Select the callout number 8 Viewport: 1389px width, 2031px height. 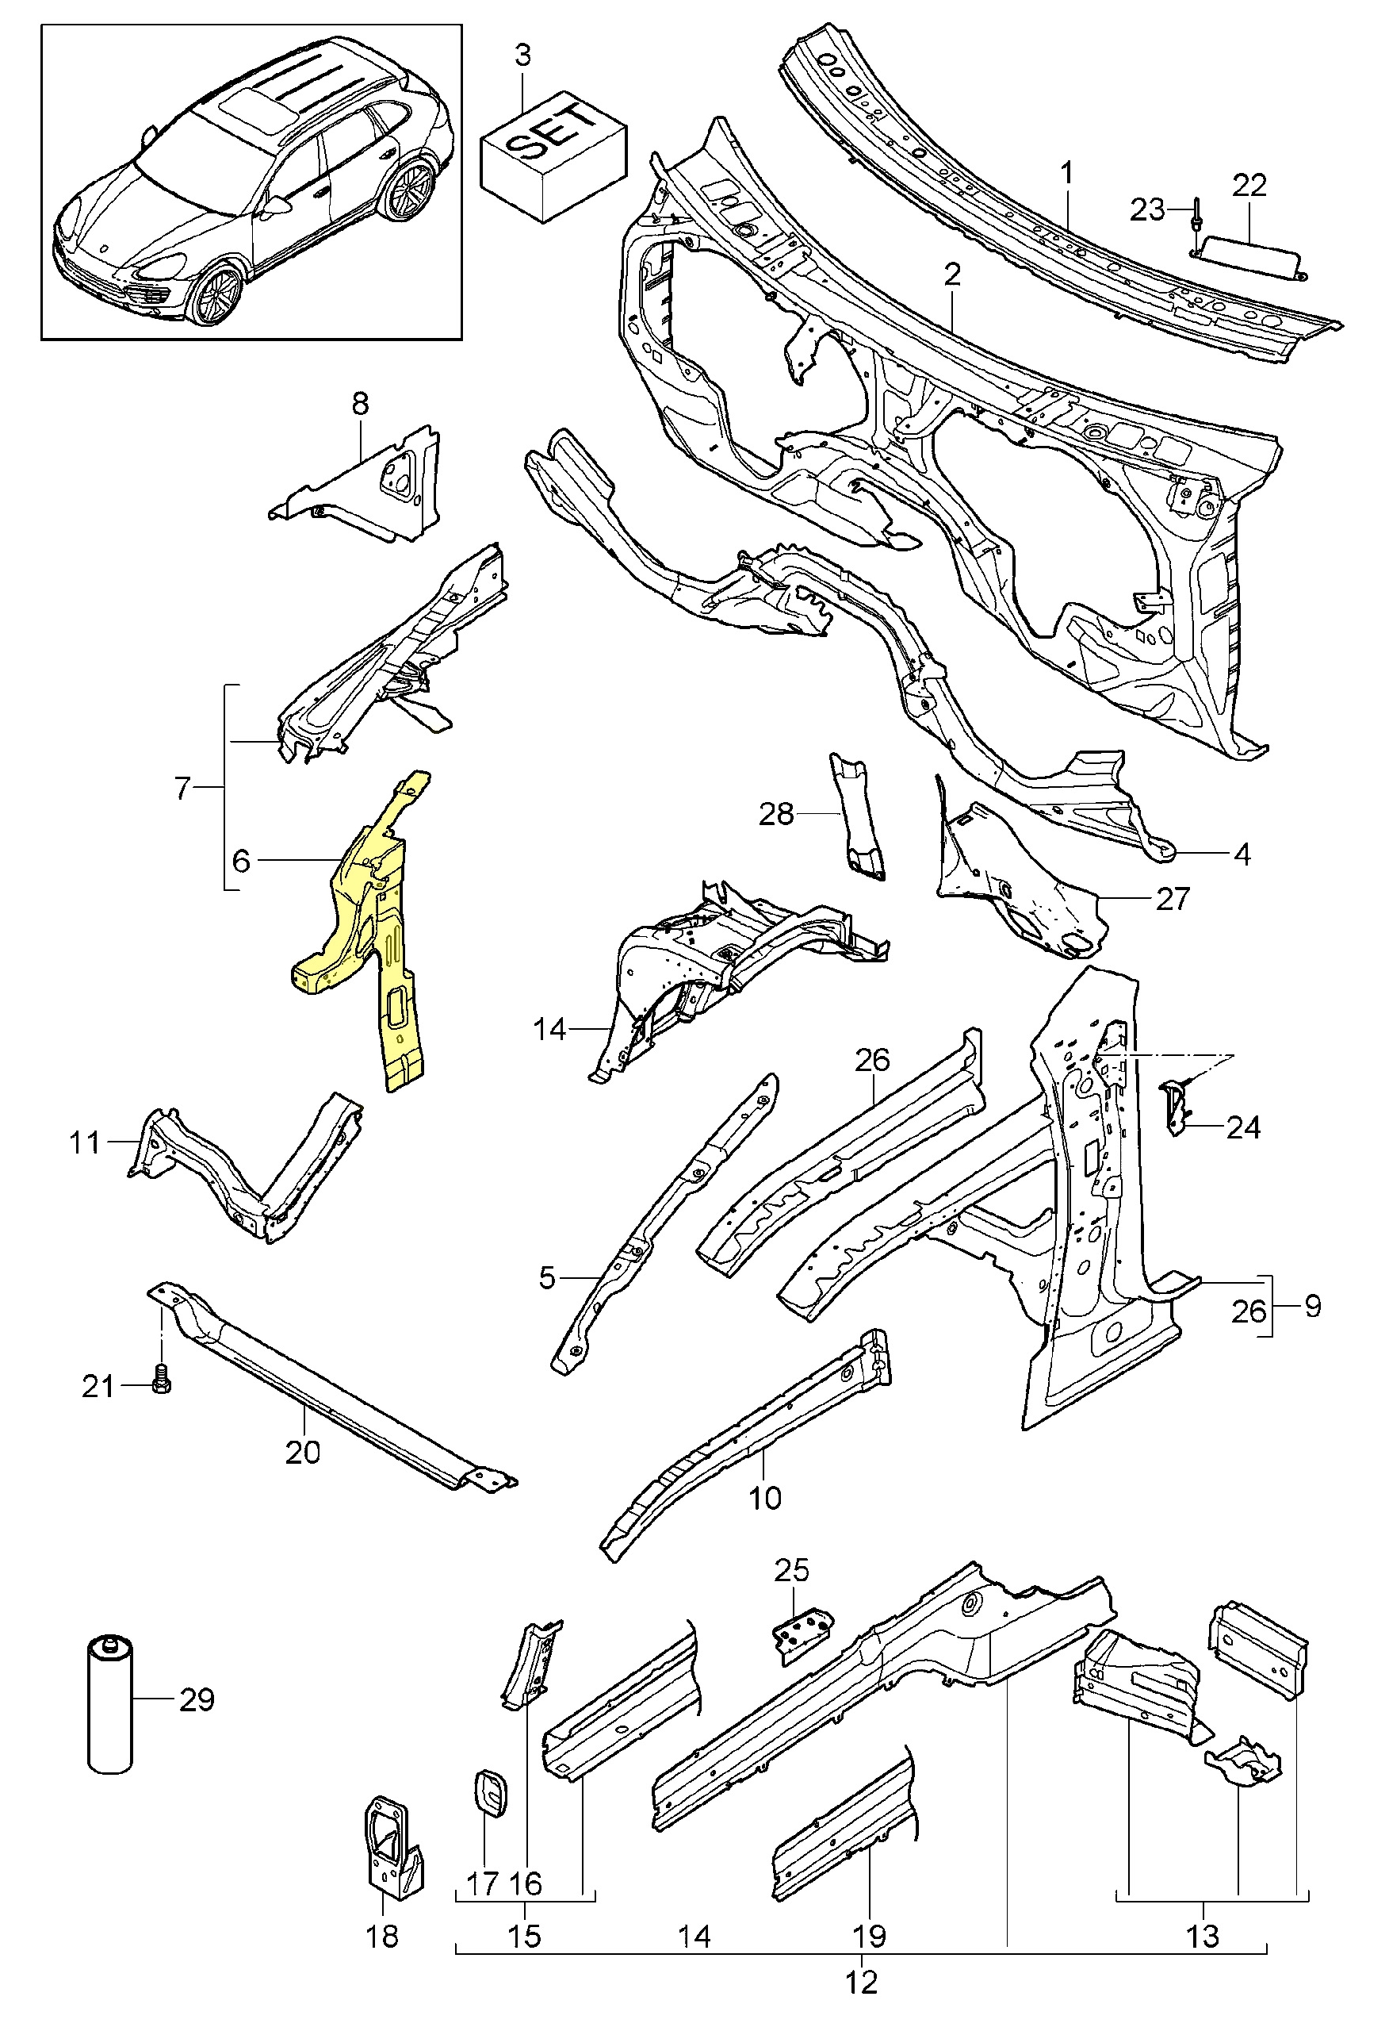[360, 404]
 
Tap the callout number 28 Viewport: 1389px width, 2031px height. [775, 815]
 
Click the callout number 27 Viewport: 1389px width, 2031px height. [1173, 898]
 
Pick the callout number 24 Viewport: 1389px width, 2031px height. [1242, 1127]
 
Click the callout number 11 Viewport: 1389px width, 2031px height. [85, 1142]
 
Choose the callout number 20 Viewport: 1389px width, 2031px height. [302, 1453]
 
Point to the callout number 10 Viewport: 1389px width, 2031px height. [764, 1498]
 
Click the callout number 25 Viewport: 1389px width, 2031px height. [791, 1570]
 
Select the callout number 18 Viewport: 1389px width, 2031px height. [383, 1936]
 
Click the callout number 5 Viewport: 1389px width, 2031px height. [547, 1277]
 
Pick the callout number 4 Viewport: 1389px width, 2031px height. [1242, 854]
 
